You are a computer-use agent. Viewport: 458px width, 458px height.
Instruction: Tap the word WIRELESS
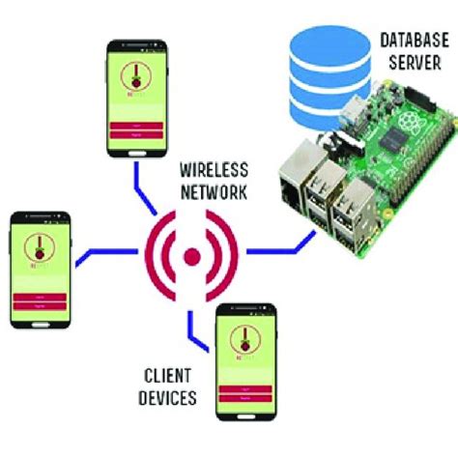point(214,167)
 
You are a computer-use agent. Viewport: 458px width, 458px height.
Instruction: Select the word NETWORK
point(214,189)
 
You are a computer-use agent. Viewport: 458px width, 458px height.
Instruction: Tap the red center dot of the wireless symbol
point(192,256)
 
